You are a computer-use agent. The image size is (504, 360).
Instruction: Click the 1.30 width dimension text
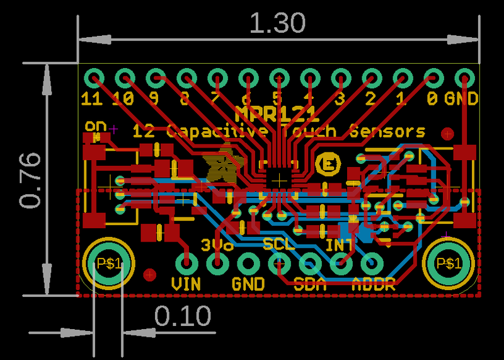pos(277,24)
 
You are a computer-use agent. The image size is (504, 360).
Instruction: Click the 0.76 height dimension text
pos(30,180)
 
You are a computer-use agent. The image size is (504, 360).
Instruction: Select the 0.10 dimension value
pos(183,316)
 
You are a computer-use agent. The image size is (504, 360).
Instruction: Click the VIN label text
pos(186,284)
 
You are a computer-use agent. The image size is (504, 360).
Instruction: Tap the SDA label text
pos(310,284)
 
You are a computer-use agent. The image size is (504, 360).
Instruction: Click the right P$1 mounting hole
pos(449,263)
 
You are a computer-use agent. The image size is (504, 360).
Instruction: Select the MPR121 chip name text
pos(277,114)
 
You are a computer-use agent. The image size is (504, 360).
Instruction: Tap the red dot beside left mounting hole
pos(150,275)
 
